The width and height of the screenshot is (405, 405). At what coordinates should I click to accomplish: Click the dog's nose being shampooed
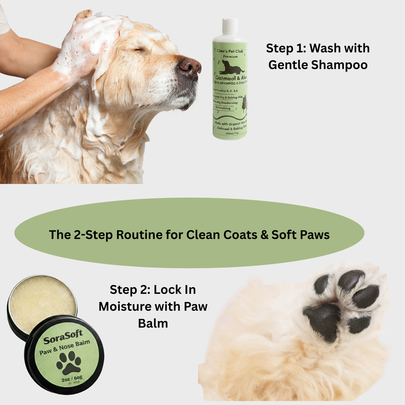189,66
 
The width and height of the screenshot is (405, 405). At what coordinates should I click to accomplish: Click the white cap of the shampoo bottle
230,26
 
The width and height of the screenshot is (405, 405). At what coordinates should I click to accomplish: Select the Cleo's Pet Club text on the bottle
231,51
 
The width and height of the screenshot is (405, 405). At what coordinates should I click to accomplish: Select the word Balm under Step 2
153,323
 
